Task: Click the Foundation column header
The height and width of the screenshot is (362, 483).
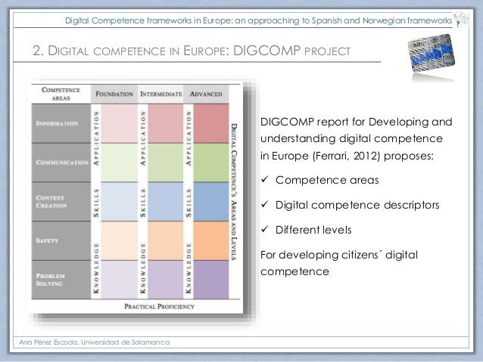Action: click(114, 94)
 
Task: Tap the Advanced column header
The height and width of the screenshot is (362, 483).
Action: click(205, 94)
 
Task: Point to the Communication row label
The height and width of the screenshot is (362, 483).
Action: click(59, 162)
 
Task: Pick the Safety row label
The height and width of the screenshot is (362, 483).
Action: click(48, 240)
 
